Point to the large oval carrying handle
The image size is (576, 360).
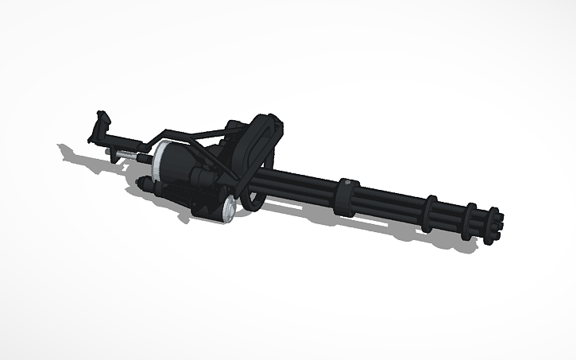pos(261,140)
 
